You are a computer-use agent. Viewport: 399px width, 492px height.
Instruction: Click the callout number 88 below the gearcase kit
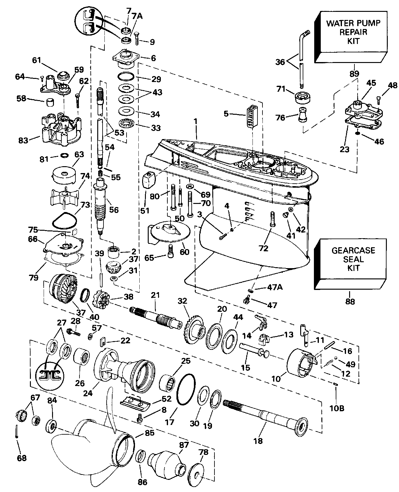tap(350, 301)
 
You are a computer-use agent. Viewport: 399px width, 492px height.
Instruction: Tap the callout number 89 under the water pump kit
tap(354, 74)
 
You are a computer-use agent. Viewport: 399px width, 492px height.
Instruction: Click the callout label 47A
tap(275, 287)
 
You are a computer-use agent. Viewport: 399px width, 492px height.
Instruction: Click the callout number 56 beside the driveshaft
tap(114, 210)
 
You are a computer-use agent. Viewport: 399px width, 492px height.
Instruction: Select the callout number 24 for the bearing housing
tap(88, 393)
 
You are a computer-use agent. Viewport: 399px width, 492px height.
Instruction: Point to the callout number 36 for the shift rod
tap(280, 62)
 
